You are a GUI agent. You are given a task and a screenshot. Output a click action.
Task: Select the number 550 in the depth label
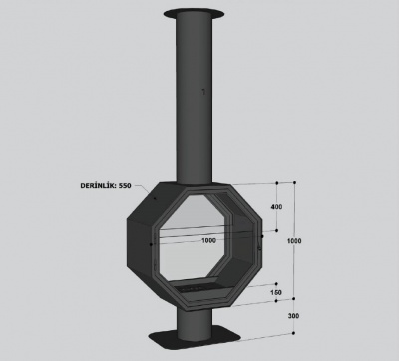(x=124, y=185)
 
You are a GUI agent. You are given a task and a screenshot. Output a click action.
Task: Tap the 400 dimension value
(x=276, y=208)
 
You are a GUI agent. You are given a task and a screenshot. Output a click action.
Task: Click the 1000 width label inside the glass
(x=207, y=240)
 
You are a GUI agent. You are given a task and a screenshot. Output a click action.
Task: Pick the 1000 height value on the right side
(x=292, y=241)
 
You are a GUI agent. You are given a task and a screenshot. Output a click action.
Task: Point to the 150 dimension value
(x=275, y=292)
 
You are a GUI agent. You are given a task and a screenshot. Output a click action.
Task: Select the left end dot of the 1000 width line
(x=152, y=240)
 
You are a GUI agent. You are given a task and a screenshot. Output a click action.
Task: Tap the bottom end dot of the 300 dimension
(x=296, y=333)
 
